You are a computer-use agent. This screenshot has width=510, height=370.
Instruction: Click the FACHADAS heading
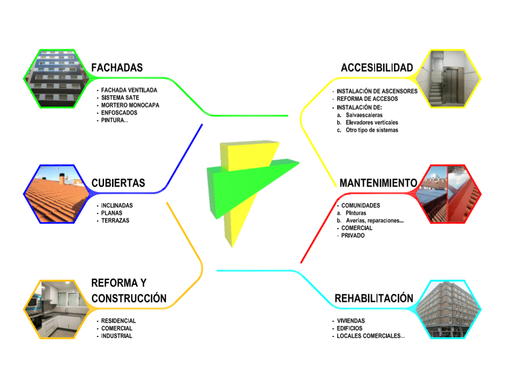coord(117,68)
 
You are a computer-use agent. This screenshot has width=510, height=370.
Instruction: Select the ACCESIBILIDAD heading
coord(377,68)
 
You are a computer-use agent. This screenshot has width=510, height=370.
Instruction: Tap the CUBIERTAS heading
coord(118,183)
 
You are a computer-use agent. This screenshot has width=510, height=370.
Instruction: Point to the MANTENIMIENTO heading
coord(378,183)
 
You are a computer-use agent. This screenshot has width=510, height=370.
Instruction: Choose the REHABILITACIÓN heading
coord(374,299)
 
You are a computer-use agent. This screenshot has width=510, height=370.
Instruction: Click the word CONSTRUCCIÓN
coord(129,299)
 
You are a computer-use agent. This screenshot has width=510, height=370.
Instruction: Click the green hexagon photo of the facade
coord(57,79)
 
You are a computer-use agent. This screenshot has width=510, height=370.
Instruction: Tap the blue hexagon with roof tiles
coord(57,194)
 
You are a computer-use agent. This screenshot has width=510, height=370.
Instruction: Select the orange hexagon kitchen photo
coord(57,309)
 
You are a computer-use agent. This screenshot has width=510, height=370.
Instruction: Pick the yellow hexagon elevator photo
coord(448,79)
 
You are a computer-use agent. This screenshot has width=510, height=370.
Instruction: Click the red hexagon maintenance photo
coord(448,194)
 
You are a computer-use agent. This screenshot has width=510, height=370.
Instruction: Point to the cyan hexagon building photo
coord(448,309)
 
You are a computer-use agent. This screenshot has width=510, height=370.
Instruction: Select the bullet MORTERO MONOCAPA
coord(130,105)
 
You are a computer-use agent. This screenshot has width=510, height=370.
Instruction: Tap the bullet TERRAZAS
coord(115,220)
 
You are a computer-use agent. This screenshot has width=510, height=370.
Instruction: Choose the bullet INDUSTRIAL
coord(116,336)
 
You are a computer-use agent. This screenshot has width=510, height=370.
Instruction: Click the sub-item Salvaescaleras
coord(364,115)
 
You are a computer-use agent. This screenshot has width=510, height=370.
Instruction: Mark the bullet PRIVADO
coord(353,235)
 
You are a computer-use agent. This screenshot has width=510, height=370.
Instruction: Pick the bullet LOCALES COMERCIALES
coord(370,336)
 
